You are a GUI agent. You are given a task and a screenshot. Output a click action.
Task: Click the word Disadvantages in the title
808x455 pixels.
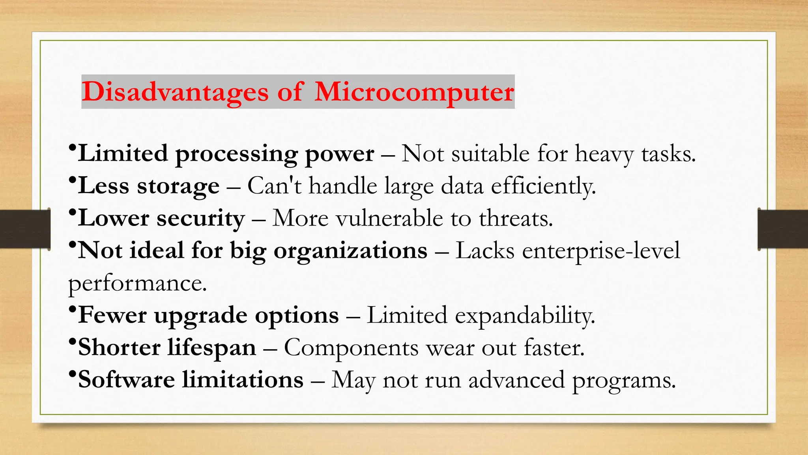click(175, 92)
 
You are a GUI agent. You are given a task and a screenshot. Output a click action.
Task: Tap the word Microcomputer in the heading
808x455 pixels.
click(414, 92)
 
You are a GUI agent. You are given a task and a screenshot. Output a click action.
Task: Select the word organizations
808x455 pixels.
click(350, 251)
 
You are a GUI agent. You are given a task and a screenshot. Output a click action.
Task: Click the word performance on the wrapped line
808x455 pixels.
click(137, 284)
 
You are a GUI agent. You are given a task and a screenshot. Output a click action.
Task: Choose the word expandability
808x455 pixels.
click(525, 316)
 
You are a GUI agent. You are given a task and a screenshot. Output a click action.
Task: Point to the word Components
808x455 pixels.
click(351, 348)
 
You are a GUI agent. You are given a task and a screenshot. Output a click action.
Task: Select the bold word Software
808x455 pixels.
click(126, 380)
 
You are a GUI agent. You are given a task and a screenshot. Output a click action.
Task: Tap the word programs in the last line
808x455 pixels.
click(624, 381)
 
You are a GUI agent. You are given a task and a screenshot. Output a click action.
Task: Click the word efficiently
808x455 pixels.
click(543, 186)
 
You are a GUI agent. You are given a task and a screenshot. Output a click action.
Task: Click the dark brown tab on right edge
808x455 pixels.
click(783, 229)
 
